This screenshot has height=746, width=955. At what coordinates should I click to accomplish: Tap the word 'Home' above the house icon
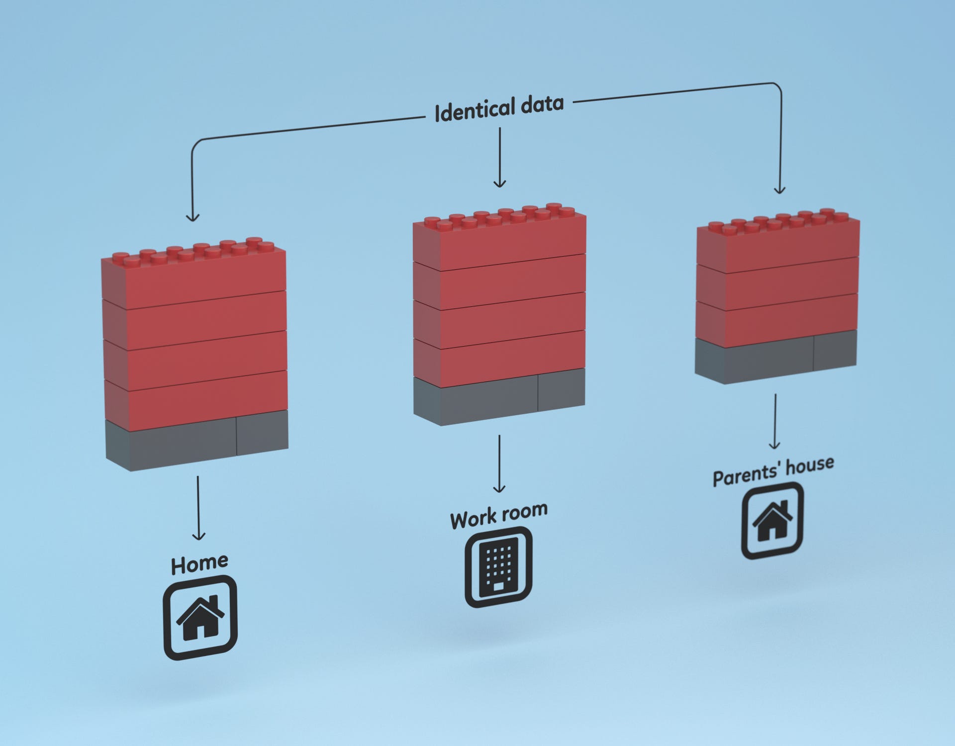[199, 564]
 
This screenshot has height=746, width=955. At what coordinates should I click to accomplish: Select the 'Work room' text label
[499, 516]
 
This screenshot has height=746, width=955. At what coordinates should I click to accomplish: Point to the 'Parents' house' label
[773, 471]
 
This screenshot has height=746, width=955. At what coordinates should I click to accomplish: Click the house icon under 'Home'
[200, 618]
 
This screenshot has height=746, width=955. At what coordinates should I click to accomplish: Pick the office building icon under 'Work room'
[498, 567]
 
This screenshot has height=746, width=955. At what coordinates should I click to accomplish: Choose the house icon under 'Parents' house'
[772, 521]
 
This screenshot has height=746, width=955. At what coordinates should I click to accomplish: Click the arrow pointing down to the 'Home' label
[198, 507]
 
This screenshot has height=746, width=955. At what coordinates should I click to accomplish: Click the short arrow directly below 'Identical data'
[500, 157]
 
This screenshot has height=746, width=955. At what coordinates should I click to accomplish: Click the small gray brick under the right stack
[836, 351]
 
